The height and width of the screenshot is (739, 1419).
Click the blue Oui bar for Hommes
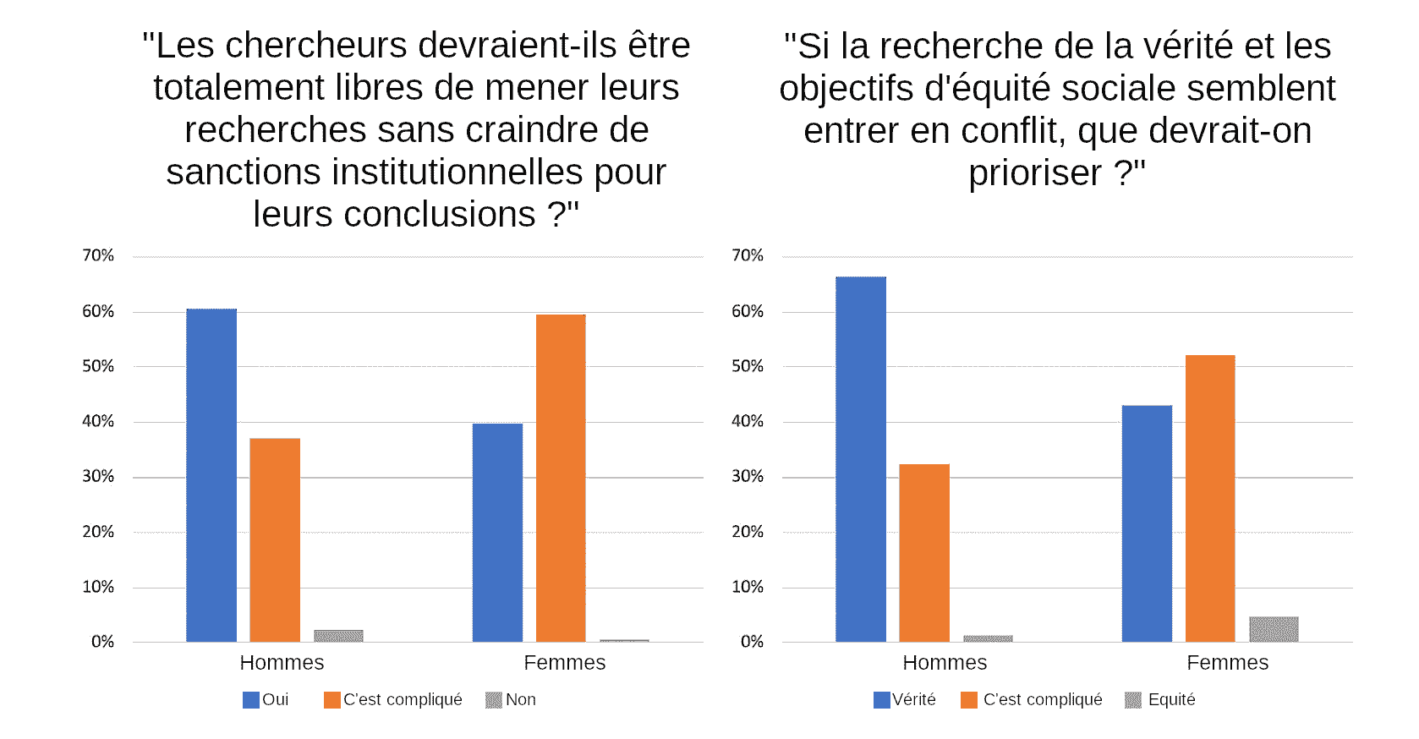[x=211, y=475]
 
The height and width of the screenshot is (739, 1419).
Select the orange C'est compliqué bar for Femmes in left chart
[x=561, y=478]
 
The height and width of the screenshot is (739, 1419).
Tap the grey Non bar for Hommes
[x=338, y=636]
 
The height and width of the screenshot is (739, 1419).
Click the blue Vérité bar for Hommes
[x=861, y=459]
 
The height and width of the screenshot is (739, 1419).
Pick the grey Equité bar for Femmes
[x=1274, y=629]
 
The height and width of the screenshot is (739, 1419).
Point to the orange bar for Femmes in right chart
[x=1210, y=498]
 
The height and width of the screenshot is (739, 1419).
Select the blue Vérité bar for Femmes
[x=1147, y=523]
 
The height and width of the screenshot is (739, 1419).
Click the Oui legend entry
[x=266, y=699]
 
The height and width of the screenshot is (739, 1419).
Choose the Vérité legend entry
[x=905, y=699]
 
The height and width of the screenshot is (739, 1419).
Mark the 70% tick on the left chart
[x=98, y=255]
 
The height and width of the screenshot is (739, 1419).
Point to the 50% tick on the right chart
[x=748, y=366]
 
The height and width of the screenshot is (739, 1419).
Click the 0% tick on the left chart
[x=102, y=642]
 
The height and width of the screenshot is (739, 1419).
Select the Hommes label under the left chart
[x=282, y=663]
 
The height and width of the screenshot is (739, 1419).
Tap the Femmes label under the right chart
[x=1227, y=663]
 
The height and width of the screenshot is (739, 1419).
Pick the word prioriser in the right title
[x=1034, y=173]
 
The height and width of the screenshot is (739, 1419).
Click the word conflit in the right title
[x=1011, y=131]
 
